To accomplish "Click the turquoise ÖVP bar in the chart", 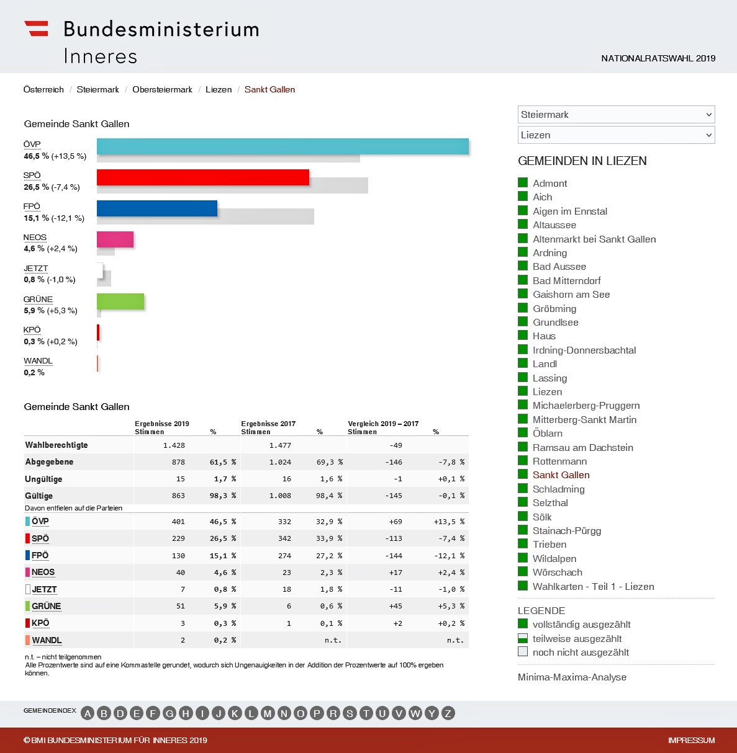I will click(x=283, y=146).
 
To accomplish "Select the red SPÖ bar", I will click(x=202, y=177).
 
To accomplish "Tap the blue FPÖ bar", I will click(x=156, y=208).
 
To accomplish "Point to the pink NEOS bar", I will click(x=115, y=239).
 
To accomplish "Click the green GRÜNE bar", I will click(x=120, y=301).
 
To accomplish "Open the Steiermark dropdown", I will click(x=616, y=115).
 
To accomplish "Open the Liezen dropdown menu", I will click(x=616, y=135).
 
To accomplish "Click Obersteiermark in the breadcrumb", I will click(x=162, y=89).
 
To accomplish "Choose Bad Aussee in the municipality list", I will click(x=559, y=267).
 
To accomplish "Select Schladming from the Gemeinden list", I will click(x=558, y=489).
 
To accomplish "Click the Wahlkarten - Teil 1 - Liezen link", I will click(x=593, y=586).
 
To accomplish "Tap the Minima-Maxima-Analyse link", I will click(x=572, y=677).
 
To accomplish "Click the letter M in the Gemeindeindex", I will click(x=268, y=713).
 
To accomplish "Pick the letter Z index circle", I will click(x=448, y=713).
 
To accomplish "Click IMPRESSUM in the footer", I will click(x=691, y=740).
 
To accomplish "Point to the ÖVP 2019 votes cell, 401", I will click(x=178, y=522).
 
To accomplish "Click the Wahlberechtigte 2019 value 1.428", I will click(x=174, y=445).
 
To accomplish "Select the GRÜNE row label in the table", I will click(x=46, y=606).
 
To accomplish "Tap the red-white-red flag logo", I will click(x=36, y=29).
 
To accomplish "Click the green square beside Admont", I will click(x=523, y=183).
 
